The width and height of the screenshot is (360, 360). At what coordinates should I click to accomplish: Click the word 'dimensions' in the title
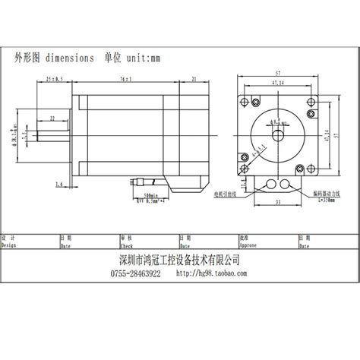[x=70, y=58]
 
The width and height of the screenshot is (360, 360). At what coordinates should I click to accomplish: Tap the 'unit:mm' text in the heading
[x=144, y=58]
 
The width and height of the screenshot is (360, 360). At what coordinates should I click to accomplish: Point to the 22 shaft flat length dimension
[x=52, y=118]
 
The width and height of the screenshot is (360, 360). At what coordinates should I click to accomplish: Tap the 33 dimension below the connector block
[x=278, y=202]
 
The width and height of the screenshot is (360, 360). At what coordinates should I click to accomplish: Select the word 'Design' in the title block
[x=11, y=245]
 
